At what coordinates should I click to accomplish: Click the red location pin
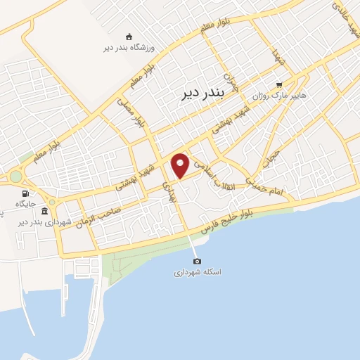tap(181, 165)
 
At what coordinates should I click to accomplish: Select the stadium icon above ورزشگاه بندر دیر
tap(128, 36)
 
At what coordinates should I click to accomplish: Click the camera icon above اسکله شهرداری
tap(196, 261)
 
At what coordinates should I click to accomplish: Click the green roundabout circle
tap(15, 176)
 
